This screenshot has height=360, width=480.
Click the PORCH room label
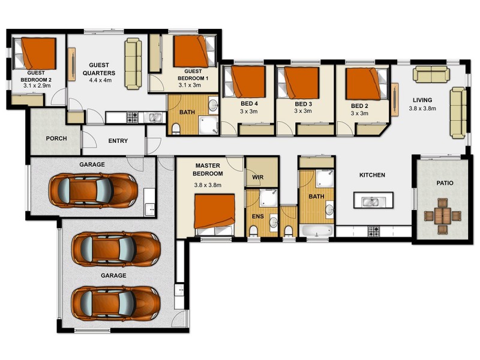click(x=56, y=139)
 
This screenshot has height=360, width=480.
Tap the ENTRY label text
click(x=118, y=142)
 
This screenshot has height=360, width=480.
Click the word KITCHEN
click(x=372, y=175)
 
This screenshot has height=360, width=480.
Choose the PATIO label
click(x=445, y=183)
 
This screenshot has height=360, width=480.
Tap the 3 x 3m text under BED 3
click(x=303, y=112)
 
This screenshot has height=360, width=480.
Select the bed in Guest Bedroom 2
click(x=36, y=54)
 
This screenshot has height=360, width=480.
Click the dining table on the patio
click(x=443, y=216)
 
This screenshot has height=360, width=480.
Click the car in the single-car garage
click(x=93, y=190)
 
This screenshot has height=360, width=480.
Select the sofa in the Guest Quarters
click(x=133, y=64)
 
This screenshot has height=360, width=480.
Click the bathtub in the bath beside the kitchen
click(x=317, y=230)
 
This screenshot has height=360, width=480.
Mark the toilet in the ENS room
click(x=253, y=231)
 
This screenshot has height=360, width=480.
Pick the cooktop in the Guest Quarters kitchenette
click(x=132, y=117)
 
